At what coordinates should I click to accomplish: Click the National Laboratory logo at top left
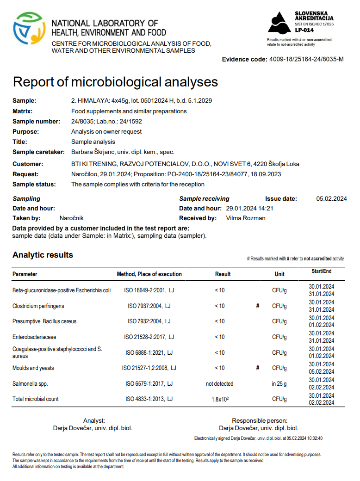pos(29,29)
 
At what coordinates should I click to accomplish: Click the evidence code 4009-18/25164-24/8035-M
pos(306,59)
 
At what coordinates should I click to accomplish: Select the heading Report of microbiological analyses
pos(115,82)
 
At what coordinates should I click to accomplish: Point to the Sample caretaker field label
pos(38,152)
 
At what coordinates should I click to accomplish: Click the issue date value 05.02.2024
pos(331,199)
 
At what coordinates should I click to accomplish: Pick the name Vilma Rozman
pos(246,218)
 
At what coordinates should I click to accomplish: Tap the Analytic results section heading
pos(43,255)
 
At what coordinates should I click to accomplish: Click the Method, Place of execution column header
pos(149,274)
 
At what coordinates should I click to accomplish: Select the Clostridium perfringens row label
pos(38,306)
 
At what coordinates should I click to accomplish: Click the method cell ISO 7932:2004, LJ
pos(149,321)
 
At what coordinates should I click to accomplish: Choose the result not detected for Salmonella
pos(219,383)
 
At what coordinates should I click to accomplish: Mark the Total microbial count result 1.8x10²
pos(219,399)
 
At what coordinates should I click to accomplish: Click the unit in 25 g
pos(279,383)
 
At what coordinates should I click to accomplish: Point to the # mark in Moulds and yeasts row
pos(257,368)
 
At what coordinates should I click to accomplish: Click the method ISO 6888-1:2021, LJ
pos(149,352)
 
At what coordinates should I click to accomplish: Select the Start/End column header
pos(321,271)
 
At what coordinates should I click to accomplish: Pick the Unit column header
pos(279,274)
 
